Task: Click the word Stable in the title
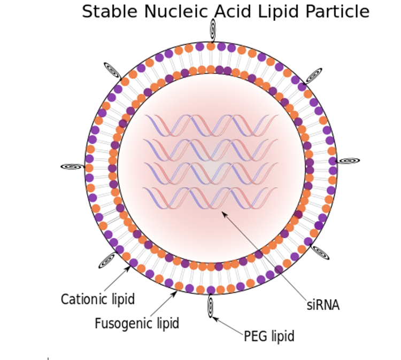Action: pyautogui.click(x=110, y=12)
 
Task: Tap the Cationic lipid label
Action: pyautogui.click(x=98, y=299)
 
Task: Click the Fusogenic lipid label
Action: pyautogui.click(x=137, y=324)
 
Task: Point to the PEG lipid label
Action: pyautogui.click(x=269, y=336)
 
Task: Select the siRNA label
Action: pyautogui.click(x=323, y=305)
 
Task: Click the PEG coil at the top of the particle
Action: pyautogui.click(x=213, y=29)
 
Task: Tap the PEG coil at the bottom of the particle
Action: pyautogui.click(x=211, y=306)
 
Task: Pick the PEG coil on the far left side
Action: pyautogui.click(x=73, y=167)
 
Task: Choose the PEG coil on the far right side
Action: pyautogui.click(x=348, y=161)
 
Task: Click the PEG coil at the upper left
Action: pyautogui.click(x=112, y=71)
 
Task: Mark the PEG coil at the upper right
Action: pyautogui.click(x=313, y=75)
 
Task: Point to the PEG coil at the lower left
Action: pyautogui.click(x=107, y=260)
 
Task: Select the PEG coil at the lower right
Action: pyautogui.click(x=320, y=253)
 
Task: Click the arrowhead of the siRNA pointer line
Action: pyautogui.click(x=224, y=214)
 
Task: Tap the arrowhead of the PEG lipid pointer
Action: pyautogui.click(x=215, y=319)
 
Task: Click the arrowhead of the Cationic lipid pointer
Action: pyautogui.click(x=128, y=269)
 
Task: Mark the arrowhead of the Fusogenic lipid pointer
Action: pyautogui.click(x=174, y=294)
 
